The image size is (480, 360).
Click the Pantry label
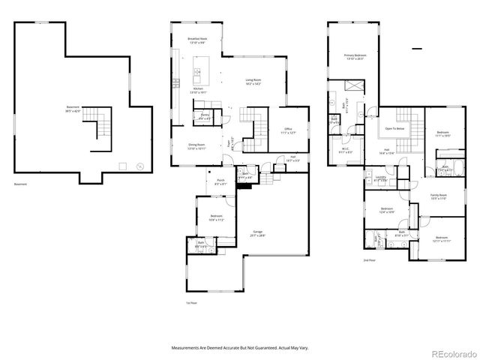(205, 115)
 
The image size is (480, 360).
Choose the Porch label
(220, 181)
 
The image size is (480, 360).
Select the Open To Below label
(395, 128)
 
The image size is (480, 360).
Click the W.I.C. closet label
(346, 149)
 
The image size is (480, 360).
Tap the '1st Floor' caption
(190, 302)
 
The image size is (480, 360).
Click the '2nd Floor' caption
(369, 260)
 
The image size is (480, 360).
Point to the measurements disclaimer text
(240, 348)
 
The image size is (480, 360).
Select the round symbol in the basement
(139, 166)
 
